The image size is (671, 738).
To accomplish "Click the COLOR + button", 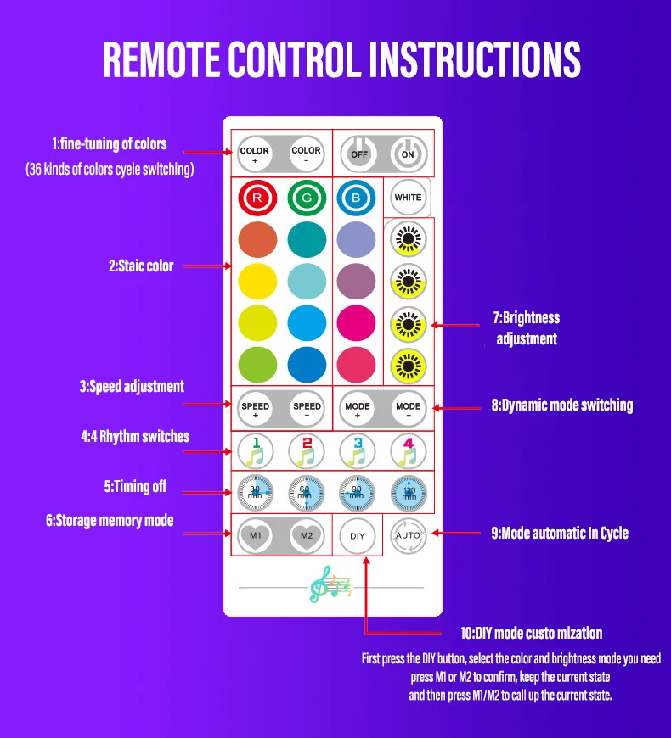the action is [x=254, y=154].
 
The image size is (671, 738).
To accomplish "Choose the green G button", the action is [x=306, y=198].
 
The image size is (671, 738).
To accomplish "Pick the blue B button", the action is [x=357, y=198].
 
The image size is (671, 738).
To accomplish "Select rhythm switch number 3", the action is [x=357, y=450].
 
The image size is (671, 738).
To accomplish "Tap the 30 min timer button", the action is [x=254, y=492].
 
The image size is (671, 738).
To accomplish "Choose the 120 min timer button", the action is [x=409, y=492].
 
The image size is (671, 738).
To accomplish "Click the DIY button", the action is [x=357, y=535].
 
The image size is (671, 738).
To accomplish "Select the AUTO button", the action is [x=408, y=535].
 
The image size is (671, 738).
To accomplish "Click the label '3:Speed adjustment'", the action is [x=132, y=386].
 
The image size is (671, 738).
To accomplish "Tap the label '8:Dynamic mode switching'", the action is [x=561, y=405].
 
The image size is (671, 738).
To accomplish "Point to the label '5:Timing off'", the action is [x=135, y=486].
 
